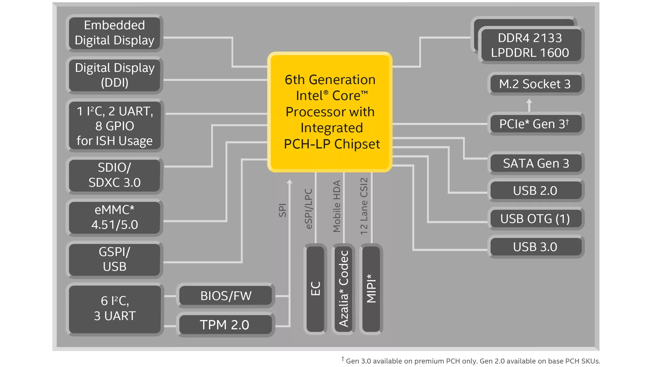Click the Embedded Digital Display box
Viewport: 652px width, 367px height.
[114, 33]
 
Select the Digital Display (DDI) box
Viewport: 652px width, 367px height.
[114, 75]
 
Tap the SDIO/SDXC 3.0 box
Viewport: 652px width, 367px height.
[114, 175]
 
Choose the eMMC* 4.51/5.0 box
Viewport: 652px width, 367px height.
[114, 217]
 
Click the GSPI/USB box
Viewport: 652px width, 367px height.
[114, 259]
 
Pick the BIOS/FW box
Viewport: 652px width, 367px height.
[225, 296]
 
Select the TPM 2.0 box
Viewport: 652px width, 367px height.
[225, 325]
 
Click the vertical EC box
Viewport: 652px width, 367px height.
[315, 289]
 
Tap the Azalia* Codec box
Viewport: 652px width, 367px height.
[343, 289]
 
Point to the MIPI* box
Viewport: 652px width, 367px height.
[371, 289]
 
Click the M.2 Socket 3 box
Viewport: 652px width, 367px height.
[535, 84]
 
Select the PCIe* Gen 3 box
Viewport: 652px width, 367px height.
[535, 124]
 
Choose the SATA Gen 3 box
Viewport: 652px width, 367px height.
[536, 163]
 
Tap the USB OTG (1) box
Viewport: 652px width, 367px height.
[535, 219]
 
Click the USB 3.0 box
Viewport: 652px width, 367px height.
[535, 247]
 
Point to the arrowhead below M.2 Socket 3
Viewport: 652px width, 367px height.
[529, 102]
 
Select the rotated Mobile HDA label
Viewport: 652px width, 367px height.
[337, 206]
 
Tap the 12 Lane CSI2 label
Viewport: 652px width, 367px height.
[364, 206]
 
